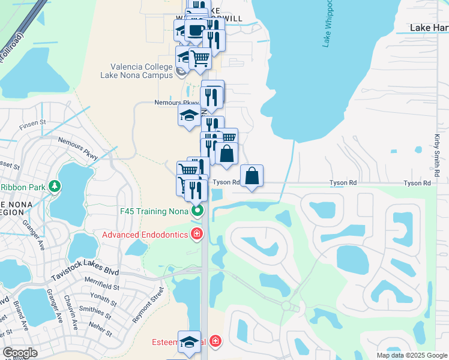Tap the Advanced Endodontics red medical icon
point(196,234)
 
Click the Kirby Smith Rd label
point(437,155)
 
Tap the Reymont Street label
point(148,305)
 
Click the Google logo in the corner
point(20,353)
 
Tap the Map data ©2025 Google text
point(411,355)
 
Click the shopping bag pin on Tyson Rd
point(252,176)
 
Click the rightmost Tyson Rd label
point(417,183)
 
